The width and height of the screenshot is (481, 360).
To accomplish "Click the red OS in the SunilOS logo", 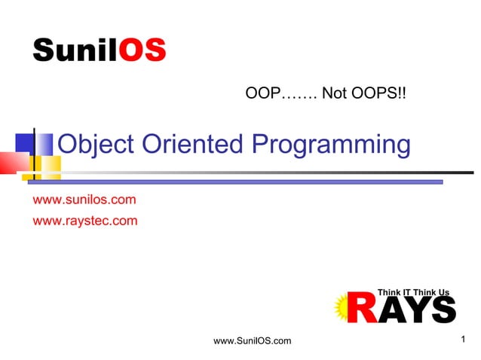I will point(142,50).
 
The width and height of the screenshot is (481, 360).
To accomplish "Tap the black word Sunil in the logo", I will point(75,50).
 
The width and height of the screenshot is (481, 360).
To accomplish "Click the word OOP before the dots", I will point(263,95).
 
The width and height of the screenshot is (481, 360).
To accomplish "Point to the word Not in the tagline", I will point(332,95).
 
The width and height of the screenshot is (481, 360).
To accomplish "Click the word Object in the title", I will point(92,144).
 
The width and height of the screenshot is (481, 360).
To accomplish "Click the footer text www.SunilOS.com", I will point(253,342).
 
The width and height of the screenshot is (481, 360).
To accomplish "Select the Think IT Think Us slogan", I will point(412,291).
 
